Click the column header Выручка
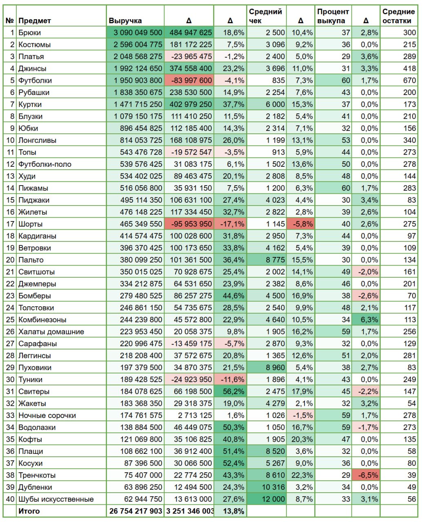tap(125, 21)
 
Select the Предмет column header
tap(35, 21)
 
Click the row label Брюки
tap(29, 33)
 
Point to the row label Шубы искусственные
tap(56, 499)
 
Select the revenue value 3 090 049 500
tap(138, 33)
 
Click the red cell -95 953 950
tap(191, 224)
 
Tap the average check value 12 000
tap(273, 499)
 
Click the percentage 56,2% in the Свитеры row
tap(233, 391)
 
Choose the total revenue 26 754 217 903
tap(135, 511)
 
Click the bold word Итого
tap(29, 511)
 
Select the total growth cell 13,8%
tap(233, 511)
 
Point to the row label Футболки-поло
tap(45, 164)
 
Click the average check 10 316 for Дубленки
tap(273, 487)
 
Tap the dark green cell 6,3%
tap(369, 320)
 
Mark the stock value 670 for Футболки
tap(409, 80)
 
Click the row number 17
tap(10, 224)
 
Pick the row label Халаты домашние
tap(51, 332)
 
